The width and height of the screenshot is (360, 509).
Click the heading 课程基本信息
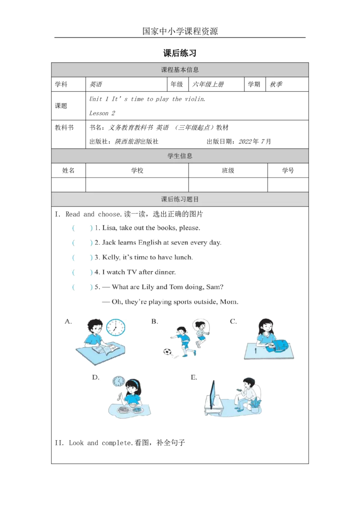tap(180, 70)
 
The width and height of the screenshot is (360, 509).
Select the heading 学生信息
tap(180, 156)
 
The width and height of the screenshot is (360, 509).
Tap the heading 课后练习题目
tap(180, 199)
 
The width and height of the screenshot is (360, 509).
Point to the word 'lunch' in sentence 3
tap(182, 258)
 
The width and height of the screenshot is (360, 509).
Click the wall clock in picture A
tap(116, 327)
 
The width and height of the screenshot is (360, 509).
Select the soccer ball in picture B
tap(166, 352)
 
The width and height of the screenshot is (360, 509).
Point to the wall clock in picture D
tap(119, 381)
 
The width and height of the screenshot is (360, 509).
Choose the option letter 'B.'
tap(154, 321)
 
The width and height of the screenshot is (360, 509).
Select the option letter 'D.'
tap(95, 377)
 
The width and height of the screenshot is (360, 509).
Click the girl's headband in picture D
tap(132, 381)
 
